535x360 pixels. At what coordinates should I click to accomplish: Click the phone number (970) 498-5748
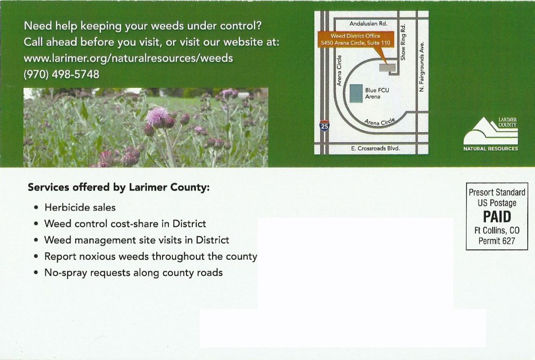[x=62, y=74]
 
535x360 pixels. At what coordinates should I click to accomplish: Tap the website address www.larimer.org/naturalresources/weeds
[x=129, y=58]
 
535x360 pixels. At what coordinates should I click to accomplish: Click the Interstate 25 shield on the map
[x=324, y=126]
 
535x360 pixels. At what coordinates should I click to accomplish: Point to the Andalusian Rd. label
[x=368, y=24]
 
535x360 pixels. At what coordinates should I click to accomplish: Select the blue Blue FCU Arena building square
[x=356, y=93]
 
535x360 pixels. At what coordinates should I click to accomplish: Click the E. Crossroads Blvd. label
[x=375, y=148]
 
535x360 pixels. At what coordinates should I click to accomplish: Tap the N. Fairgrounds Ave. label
[x=422, y=67]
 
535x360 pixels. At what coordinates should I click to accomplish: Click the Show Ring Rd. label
[x=403, y=42]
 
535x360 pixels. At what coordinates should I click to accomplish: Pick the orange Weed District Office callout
[x=355, y=40]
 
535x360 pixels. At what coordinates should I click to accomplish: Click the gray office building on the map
[x=387, y=67]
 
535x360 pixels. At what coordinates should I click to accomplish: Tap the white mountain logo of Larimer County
[x=490, y=131]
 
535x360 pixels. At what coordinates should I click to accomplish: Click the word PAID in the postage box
[x=497, y=217]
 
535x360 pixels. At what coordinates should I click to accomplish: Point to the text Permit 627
[x=497, y=241]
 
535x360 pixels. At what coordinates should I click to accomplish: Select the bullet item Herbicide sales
[x=80, y=207]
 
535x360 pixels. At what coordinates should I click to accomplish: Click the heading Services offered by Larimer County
[x=119, y=188]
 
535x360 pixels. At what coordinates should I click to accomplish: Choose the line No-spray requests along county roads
[x=133, y=273]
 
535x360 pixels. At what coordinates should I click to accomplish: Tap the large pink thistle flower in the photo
[x=157, y=115]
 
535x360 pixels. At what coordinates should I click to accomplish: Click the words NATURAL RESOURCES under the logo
[x=491, y=149]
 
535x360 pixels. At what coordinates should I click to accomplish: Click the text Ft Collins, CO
[x=497, y=230]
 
